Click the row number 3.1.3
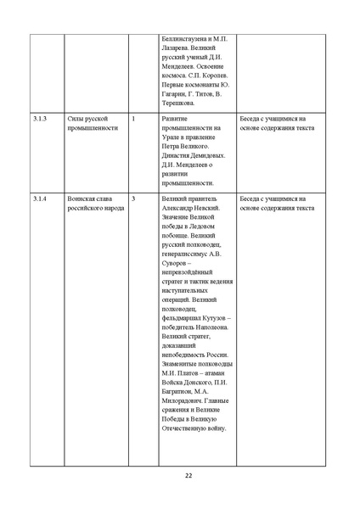click(x=40, y=119)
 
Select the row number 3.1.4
click(x=40, y=199)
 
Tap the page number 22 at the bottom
click(x=188, y=475)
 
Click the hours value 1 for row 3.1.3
click(x=133, y=119)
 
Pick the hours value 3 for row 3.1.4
click(x=133, y=199)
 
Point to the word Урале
click(x=172, y=138)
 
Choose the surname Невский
click(x=207, y=209)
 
